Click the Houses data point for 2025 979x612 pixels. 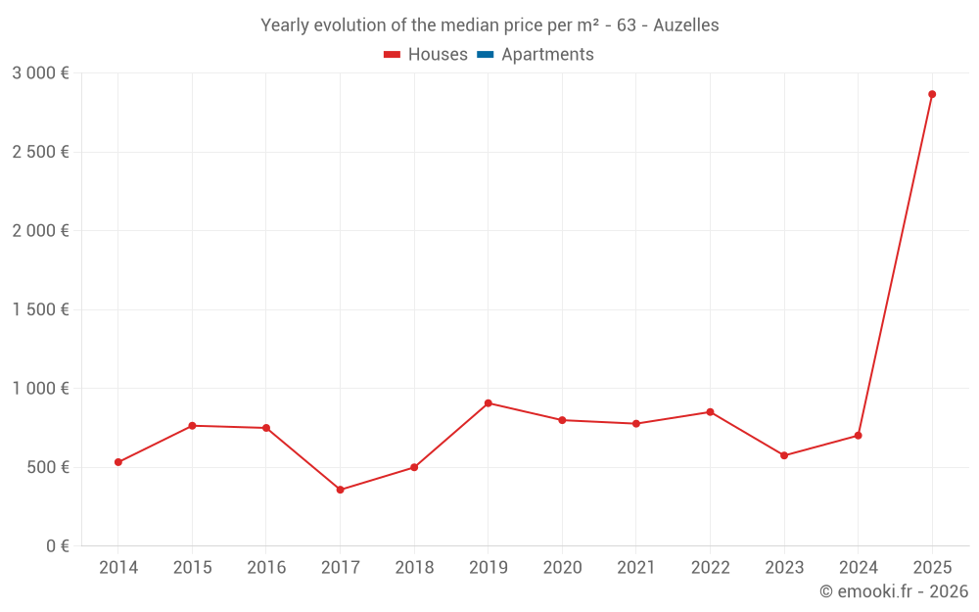pos(932,94)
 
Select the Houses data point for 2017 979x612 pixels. pos(340,490)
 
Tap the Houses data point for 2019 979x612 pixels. pos(488,403)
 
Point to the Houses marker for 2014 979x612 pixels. pos(118,462)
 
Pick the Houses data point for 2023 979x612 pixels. pos(784,455)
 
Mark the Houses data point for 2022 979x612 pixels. pos(710,412)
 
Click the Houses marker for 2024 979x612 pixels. pos(858,436)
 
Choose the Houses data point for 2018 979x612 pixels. pos(414,467)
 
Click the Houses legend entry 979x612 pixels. pos(426,55)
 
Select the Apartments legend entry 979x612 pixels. pos(536,55)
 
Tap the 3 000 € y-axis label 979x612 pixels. pos(40,73)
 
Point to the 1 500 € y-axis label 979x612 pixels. pos(40,309)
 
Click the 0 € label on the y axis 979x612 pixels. pos(58,546)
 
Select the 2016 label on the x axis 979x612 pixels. pos(266,568)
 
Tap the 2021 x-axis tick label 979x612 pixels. pos(636,568)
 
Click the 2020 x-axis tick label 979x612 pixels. pos(562,568)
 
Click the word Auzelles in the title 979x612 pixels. pos(686,25)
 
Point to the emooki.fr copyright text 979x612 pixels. pos(893,591)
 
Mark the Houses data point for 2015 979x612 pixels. pos(192,426)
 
